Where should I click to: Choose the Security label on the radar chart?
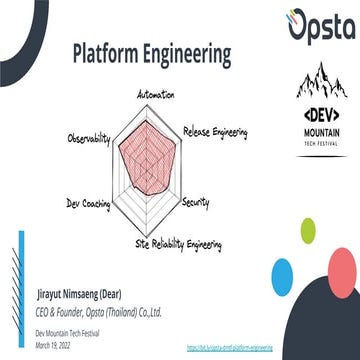point(196,203)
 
